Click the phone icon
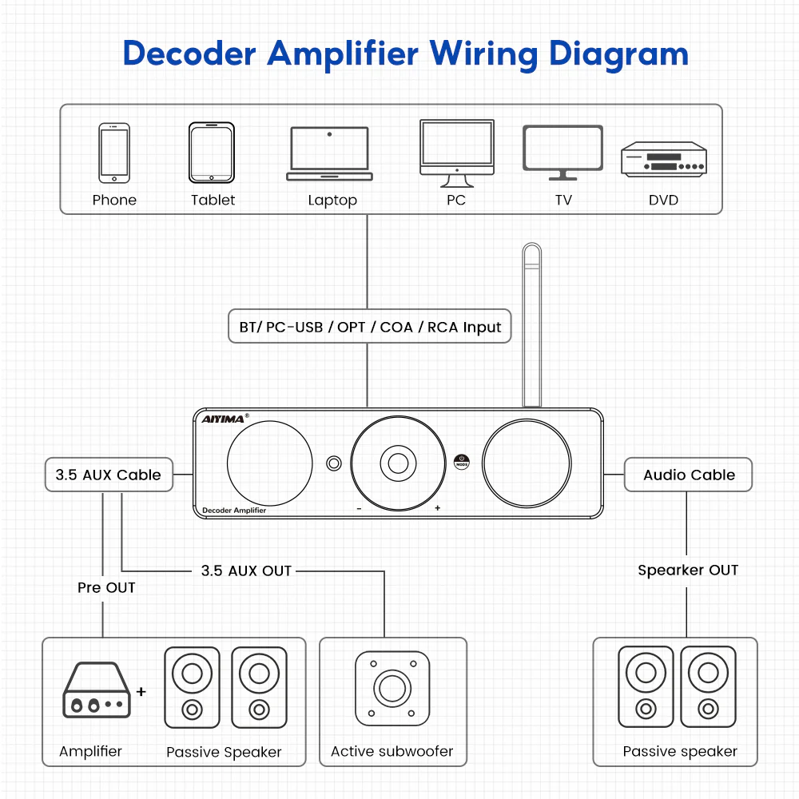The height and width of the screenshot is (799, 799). [114, 153]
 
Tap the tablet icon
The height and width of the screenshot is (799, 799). [212, 153]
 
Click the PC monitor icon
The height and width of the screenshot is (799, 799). [456, 147]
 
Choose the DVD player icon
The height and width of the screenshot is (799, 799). [664, 159]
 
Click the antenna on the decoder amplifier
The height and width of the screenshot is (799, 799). [531, 324]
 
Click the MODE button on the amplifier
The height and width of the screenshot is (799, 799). [461, 461]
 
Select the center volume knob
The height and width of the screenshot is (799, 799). [396, 461]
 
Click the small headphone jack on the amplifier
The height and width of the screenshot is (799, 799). [334, 463]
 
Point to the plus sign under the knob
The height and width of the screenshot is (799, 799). [437, 508]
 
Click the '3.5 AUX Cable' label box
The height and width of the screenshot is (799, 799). [108, 475]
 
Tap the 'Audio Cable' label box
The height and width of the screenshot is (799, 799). [688, 475]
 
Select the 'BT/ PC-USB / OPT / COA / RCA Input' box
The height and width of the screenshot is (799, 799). [369, 327]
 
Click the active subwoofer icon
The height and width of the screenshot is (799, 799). [392, 688]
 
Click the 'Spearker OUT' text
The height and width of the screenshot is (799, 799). [687, 570]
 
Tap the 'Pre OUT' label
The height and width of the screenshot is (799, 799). [106, 588]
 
